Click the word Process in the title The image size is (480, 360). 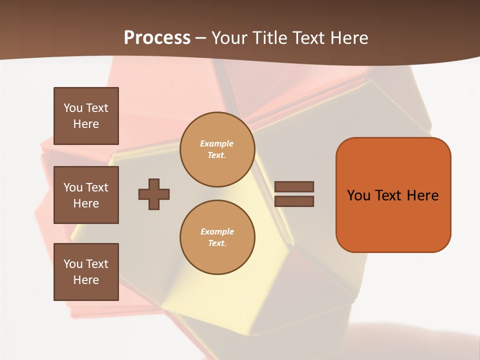click(x=157, y=38)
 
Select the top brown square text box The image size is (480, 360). click(x=86, y=116)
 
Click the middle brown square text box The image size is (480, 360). click(x=86, y=195)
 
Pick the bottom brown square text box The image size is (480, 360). click(x=86, y=272)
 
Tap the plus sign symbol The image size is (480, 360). click(x=154, y=194)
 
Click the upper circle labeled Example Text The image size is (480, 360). click(x=217, y=149)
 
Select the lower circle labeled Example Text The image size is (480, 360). click(x=217, y=237)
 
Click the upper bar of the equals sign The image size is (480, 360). click(x=294, y=186)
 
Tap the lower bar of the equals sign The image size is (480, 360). click(x=294, y=201)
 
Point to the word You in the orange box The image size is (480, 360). click(x=358, y=195)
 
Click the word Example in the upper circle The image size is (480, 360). click(x=217, y=143)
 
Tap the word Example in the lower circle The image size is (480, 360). click(x=217, y=231)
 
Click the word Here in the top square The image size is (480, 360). click(x=86, y=124)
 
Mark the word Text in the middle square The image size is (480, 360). click(x=97, y=187)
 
